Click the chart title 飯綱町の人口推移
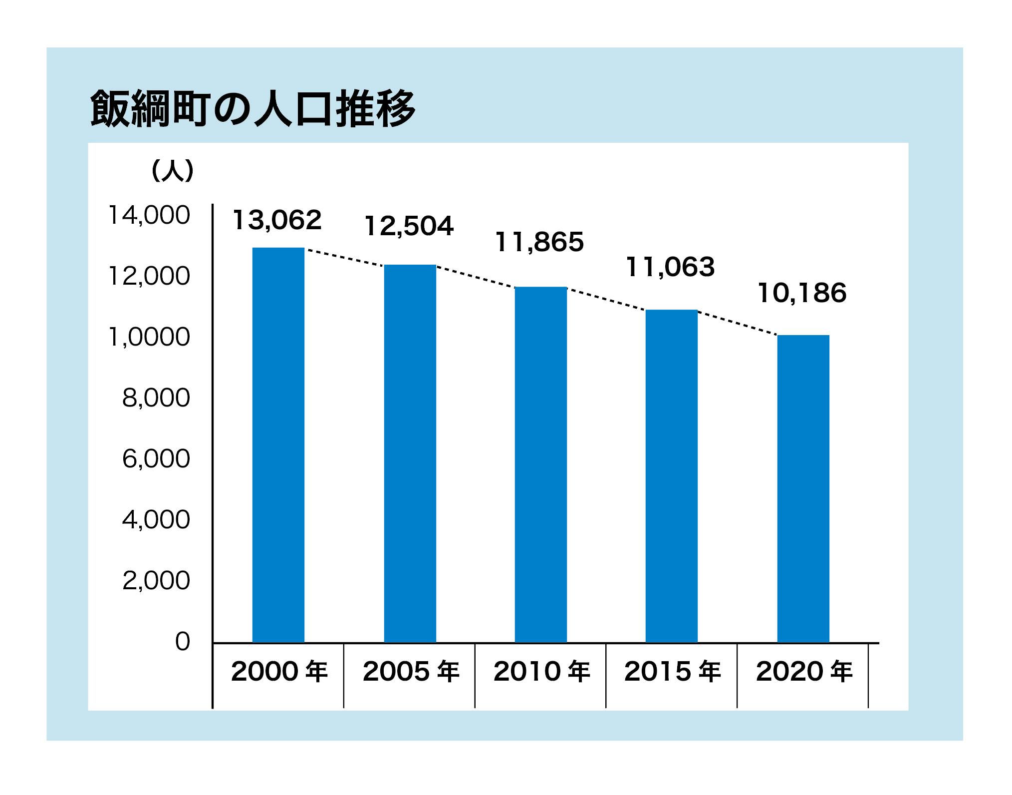point(253,108)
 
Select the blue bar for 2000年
point(278,444)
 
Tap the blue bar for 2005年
point(410,453)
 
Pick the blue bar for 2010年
point(541,464)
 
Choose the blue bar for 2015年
point(672,475)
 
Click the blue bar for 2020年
point(803,488)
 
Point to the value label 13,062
point(277,220)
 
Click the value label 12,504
point(409,226)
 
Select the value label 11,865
point(539,242)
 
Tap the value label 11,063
point(670,267)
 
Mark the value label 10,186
point(802,293)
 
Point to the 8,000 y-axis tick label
point(156,398)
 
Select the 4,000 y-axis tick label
point(156,520)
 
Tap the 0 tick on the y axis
point(183,642)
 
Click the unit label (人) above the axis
point(172,171)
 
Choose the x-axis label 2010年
point(541,672)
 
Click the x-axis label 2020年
point(804,672)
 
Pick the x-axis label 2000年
point(279,672)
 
